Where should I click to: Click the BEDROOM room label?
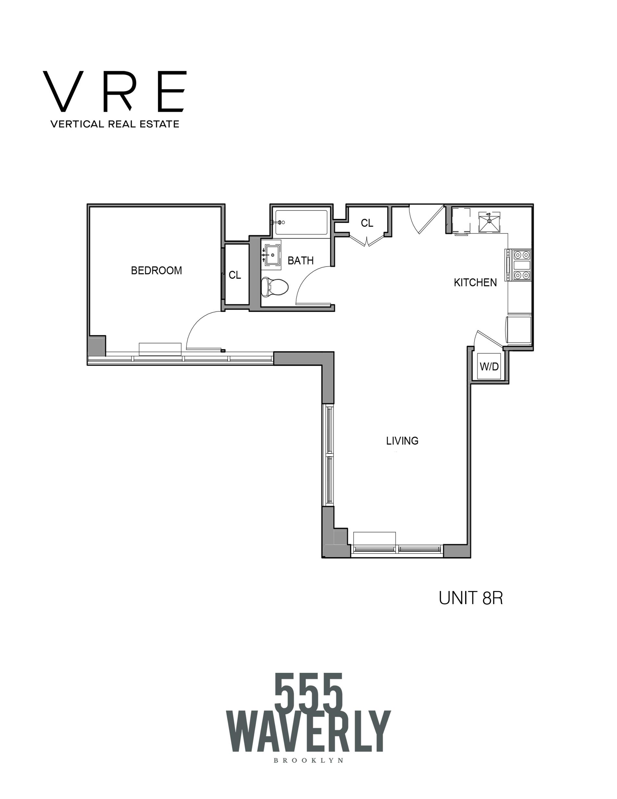(157, 270)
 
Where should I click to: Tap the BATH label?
(300, 260)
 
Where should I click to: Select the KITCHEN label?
(475, 282)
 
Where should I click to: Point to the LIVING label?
(402, 441)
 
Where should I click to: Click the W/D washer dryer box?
(489, 366)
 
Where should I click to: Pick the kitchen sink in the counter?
(489, 222)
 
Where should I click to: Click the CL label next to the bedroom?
(235, 275)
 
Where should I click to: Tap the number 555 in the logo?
(309, 692)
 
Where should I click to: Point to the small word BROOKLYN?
(308, 760)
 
